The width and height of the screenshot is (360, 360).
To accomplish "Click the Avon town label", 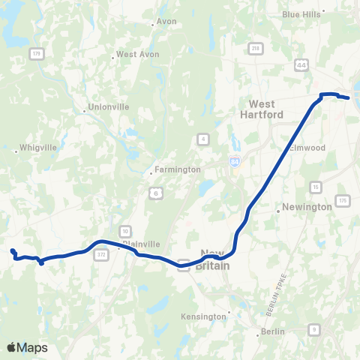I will (x=166, y=22).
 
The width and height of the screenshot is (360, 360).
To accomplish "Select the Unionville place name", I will (x=109, y=107).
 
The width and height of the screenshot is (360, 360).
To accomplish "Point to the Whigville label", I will (x=38, y=148).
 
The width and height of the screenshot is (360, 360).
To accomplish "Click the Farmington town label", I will (x=177, y=169).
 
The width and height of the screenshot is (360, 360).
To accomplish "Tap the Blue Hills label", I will (x=301, y=13).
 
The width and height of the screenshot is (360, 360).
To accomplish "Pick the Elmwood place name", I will (x=308, y=148).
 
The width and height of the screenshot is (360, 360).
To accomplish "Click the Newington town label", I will (x=307, y=207).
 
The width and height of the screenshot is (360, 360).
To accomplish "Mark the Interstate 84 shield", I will (x=235, y=161).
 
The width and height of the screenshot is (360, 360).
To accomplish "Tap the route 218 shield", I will (x=256, y=49).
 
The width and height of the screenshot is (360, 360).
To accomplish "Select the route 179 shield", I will (x=35, y=52).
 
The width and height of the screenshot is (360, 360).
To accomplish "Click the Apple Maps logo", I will (x=28, y=348).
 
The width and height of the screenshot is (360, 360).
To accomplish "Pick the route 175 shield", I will (x=343, y=200).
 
